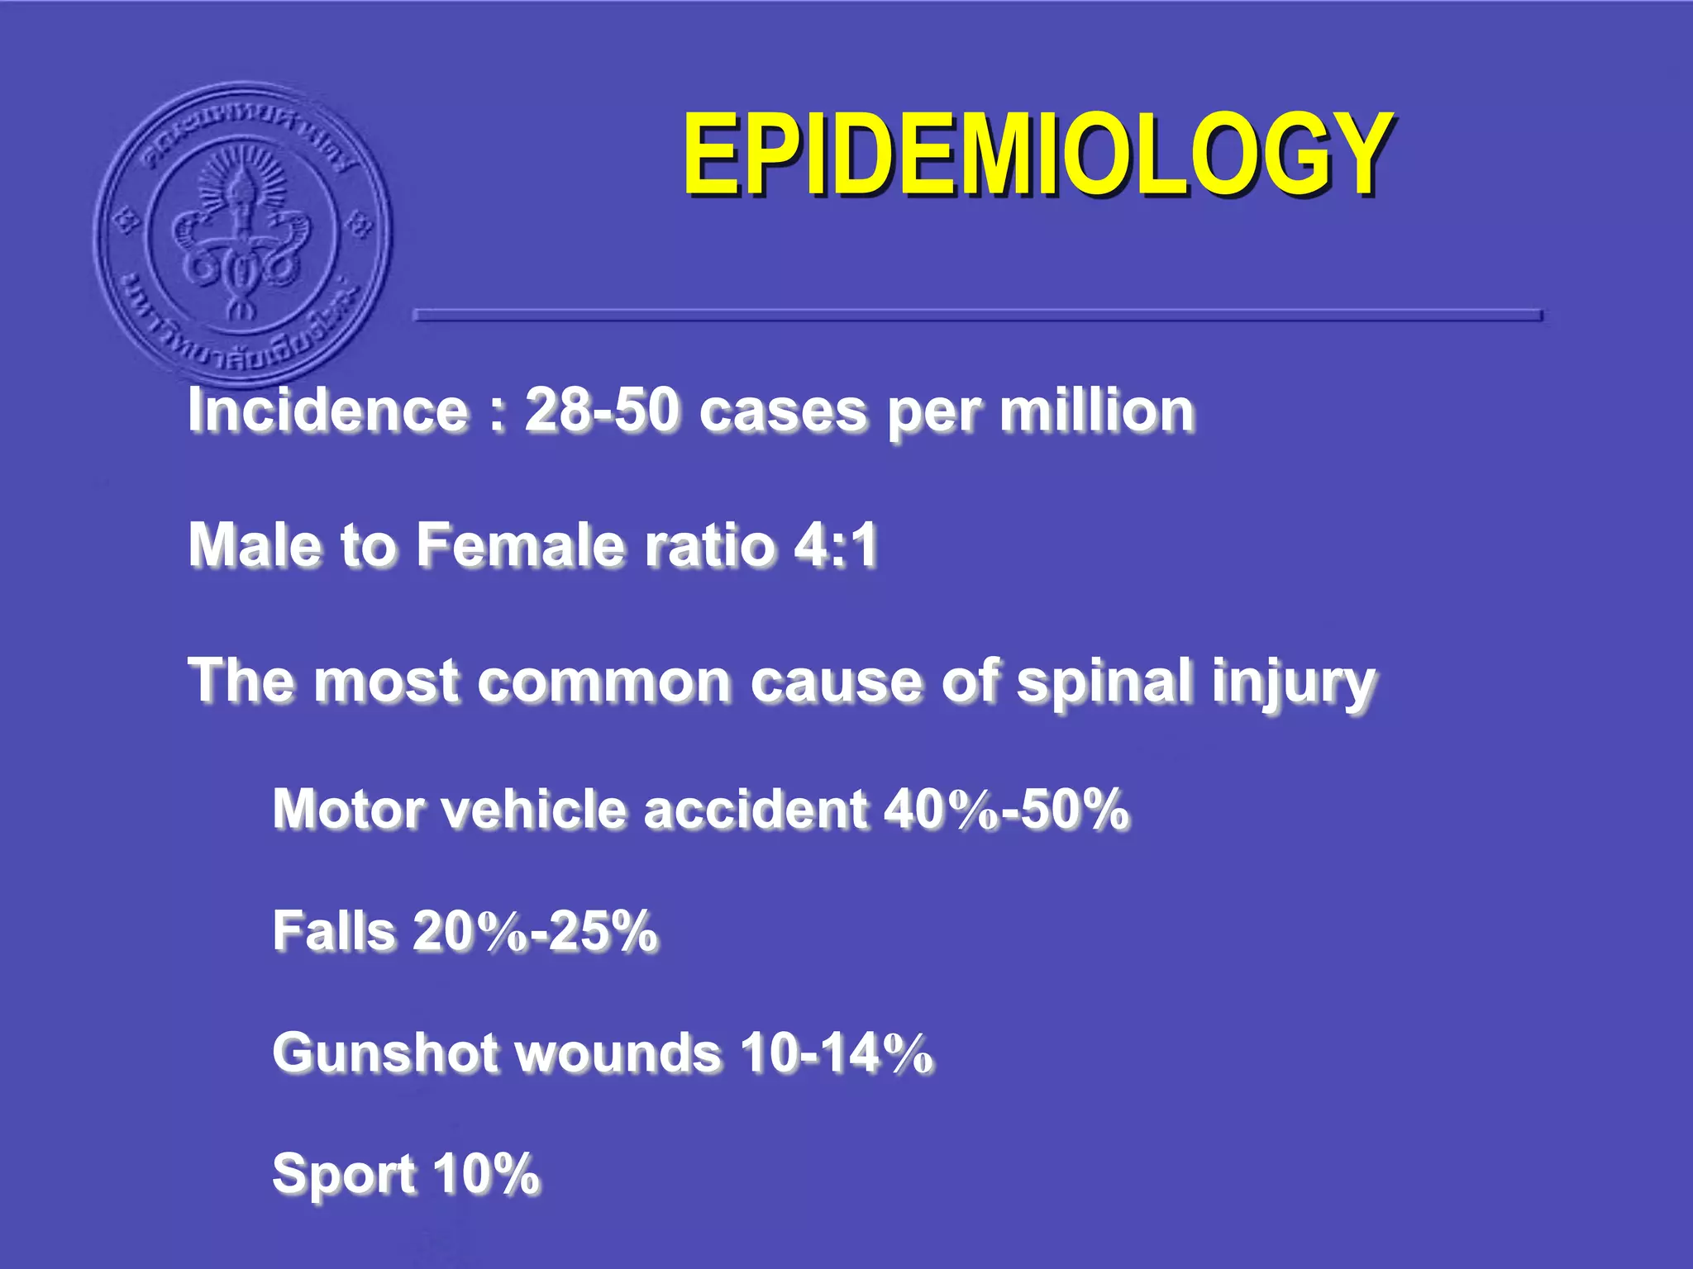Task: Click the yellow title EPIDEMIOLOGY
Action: tap(1037, 154)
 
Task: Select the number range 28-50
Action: tap(602, 411)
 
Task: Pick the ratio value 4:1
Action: tap(835, 545)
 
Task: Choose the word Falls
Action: tap(334, 931)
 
